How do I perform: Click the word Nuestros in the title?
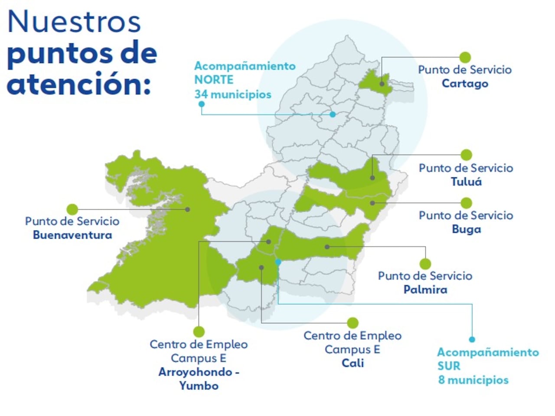pos(74,22)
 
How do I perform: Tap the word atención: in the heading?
pos(79,84)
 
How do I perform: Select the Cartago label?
pos(465,83)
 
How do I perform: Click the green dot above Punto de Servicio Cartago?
pos(465,57)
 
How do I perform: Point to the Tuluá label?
pos(466,182)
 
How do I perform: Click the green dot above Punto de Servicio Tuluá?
pos(466,155)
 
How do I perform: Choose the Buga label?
pos(466,229)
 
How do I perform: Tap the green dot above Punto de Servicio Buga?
pos(466,203)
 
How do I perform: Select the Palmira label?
pos(425,289)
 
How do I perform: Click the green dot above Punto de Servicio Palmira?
pos(425,263)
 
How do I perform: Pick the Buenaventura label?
pos(72,235)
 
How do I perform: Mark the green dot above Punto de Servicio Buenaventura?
pos(72,209)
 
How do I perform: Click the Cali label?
pos(353,363)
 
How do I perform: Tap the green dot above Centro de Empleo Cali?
pos(353,323)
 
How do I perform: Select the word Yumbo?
pos(199,386)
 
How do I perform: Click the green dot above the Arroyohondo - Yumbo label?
pos(199,332)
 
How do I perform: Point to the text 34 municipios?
pos(233,94)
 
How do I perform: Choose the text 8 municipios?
pos(473,380)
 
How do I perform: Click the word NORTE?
pos(214,80)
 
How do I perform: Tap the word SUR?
pos(449,366)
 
